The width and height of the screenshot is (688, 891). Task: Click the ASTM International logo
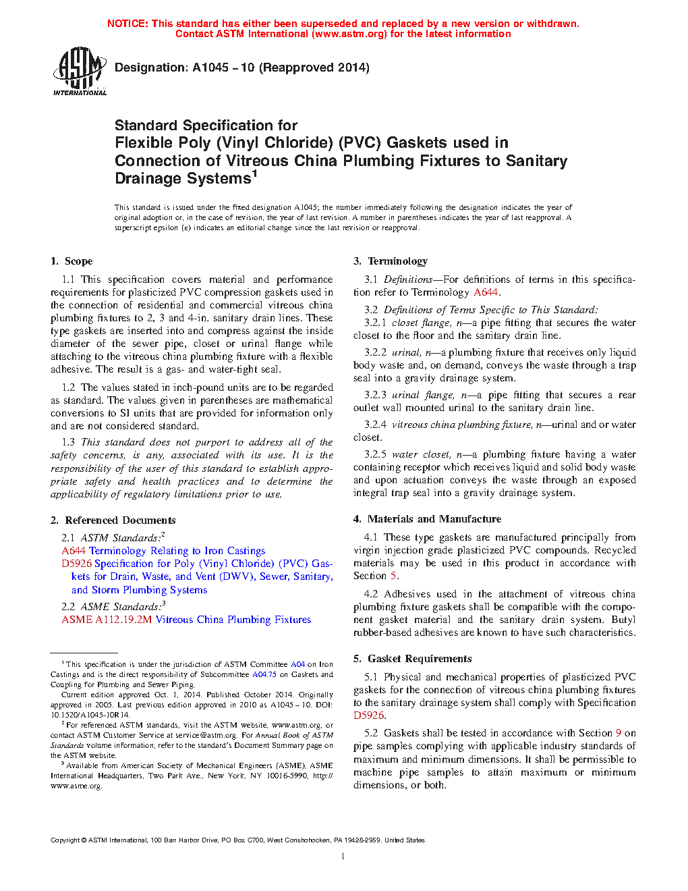tap(80, 71)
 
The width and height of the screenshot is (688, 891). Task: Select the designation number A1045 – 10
tap(223, 67)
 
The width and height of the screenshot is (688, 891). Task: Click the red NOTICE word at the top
tap(127, 24)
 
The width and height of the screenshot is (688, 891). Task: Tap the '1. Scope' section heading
tap(71, 261)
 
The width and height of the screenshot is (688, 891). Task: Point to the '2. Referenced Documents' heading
tap(113, 520)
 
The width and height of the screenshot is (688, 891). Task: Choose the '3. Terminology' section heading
tap(391, 261)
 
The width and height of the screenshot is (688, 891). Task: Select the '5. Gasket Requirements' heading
tap(413, 659)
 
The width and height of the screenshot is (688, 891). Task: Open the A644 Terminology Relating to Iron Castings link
tap(163, 551)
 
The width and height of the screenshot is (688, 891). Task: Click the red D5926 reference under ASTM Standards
tap(76, 564)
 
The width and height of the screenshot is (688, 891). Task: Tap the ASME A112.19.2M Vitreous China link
tap(186, 620)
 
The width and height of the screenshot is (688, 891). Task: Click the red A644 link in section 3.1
tap(486, 292)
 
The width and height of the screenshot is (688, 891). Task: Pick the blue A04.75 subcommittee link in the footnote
tap(264, 674)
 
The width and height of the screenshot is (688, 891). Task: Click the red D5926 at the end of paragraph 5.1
tap(369, 715)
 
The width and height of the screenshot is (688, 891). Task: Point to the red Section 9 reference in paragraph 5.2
tap(619, 733)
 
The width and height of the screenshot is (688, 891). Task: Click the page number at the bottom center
tap(343, 857)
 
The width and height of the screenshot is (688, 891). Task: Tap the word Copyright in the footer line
tap(65, 840)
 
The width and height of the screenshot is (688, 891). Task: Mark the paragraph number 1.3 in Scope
tap(68, 442)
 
